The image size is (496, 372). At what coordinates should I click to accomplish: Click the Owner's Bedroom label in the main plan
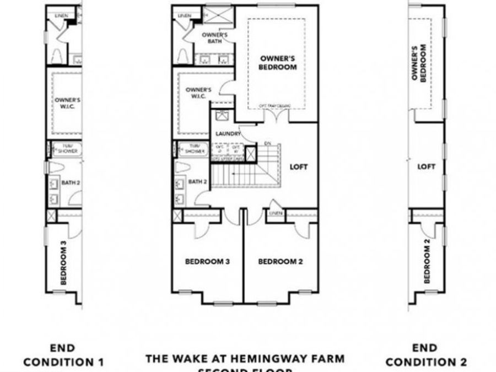click(278, 62)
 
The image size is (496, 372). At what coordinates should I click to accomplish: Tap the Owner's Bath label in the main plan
click(211, 36)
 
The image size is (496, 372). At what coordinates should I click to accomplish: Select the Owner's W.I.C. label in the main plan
click(198, 93)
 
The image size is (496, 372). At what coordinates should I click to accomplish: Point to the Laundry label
click(228, 133)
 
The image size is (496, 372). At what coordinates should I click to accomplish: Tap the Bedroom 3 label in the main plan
click(207, 262)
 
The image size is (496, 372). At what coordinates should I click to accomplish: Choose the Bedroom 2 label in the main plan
click(281, 262)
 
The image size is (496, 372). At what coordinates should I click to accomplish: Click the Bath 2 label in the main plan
click(197, 181)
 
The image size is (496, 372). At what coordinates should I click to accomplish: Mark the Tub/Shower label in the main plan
click(195, 149)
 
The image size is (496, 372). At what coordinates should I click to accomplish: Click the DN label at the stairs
click(268, 144)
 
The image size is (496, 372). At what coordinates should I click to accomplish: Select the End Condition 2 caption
click(425, 355)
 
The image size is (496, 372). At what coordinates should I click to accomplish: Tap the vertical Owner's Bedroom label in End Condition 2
click(419, 63)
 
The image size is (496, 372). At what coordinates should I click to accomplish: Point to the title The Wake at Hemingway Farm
click(245, 359)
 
